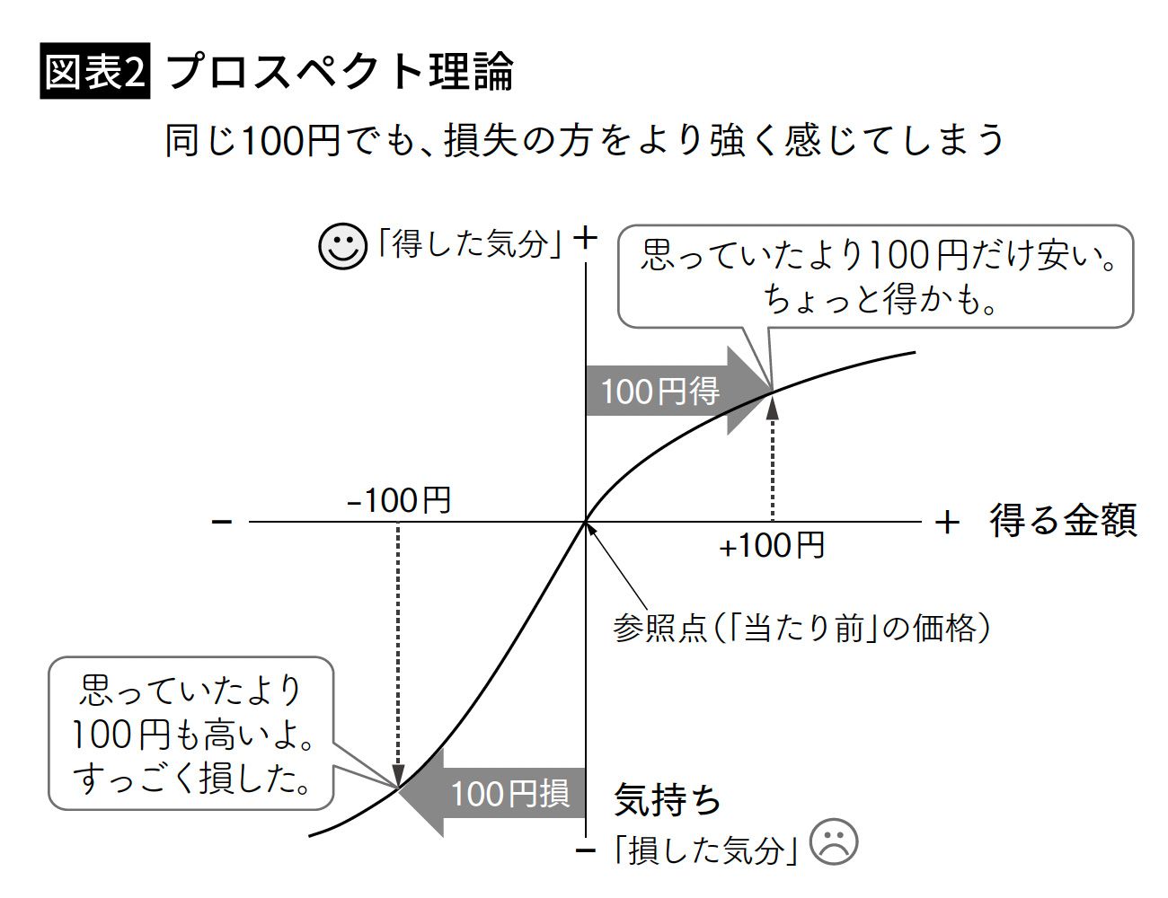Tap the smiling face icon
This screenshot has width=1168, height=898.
click(343, 245)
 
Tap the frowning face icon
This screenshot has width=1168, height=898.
click(834, 842)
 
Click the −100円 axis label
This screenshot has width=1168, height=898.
click(399, 500)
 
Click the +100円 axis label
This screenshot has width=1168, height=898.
click(772, 545)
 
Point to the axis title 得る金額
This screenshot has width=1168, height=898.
click(1064, 521)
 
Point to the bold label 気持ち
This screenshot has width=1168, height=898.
click(668, 799)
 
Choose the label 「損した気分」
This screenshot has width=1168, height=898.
click(705, 849)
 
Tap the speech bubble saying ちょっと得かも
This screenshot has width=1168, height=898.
click(876, 276)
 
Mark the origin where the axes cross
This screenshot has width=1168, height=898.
click(586, 521)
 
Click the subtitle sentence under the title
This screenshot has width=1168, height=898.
click(584, 141)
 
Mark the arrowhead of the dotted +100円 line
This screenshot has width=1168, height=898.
click(772, 406)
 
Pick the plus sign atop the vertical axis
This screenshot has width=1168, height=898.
click(586, 238)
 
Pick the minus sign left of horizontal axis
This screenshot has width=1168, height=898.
click(222, 521)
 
